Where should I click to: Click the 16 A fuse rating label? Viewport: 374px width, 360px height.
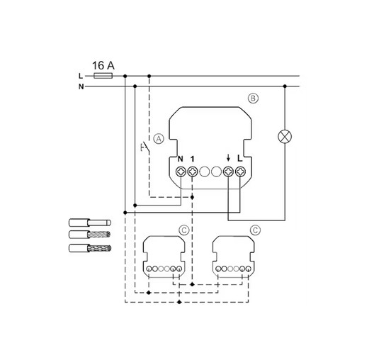[x=103, y=65]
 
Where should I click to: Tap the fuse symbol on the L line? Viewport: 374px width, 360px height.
[x=103, y=76]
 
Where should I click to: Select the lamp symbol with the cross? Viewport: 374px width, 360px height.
[x=285, y=137]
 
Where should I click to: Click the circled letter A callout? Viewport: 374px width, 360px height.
[x=159, y=139]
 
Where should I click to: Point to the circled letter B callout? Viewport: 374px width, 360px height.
[x=253, y=99]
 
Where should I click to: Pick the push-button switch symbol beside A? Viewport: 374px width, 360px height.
[x=145, y=147]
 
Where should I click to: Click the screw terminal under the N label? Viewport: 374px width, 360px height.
[x=181, y=171]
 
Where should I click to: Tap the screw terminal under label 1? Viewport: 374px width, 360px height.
[x=193, y=171]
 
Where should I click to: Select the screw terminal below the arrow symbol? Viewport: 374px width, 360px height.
[x=228, y=171]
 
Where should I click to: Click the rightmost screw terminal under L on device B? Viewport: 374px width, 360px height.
[x=240, y=171]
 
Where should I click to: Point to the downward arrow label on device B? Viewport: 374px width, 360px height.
[x=228, y=157]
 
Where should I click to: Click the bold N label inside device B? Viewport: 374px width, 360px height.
[x=181, y=159]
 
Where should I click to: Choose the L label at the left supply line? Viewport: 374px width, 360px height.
[x=81, y=76]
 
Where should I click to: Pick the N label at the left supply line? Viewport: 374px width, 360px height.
[x=81, y=86]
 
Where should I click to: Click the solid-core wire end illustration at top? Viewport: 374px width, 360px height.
[x=90, y=223]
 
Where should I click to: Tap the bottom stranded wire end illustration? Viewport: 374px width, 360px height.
[x=90, y=248]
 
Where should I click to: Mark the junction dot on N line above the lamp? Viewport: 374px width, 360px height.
[x=285, y=86]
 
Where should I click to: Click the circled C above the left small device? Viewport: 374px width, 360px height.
[x=183, y=230]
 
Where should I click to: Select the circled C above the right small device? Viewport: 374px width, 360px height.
[x=255, y=230]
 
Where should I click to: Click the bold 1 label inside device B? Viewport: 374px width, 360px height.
[x=193, y=159]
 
